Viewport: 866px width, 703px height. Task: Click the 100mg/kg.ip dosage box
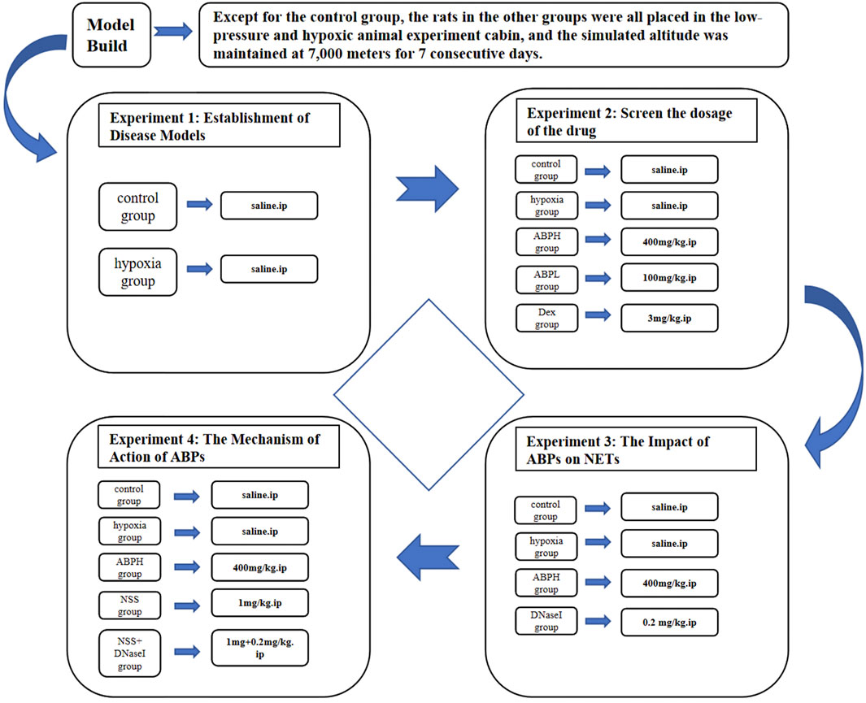pos(669,278)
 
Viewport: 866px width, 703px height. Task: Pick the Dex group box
pos(546,316)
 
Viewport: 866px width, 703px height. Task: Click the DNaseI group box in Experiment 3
pos(546,621)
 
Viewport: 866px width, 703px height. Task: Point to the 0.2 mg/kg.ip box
pos(669,622)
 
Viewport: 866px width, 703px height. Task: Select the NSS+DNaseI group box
pos(129,653)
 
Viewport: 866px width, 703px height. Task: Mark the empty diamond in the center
pos(429,395)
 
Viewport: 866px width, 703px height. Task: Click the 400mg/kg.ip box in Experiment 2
pos(669,242)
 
